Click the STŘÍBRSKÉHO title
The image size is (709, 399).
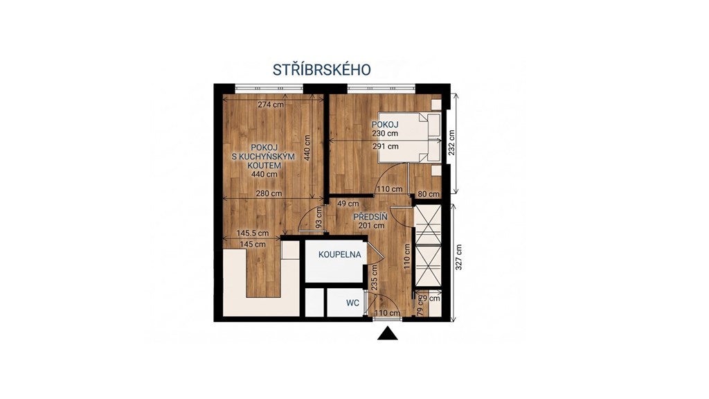click(321, 70)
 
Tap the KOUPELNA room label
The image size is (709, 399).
click(339, 255)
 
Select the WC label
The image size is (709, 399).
click(352, 303)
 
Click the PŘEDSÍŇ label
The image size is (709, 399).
click(370, 216)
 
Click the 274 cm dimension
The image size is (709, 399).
click(271, 105)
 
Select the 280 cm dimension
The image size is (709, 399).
click(269, 193)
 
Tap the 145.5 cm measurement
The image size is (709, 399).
click(252, 233)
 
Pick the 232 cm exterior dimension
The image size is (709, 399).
click(451, 143)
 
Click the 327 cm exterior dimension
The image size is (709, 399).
click(459, 257)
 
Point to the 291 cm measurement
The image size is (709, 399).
click(386, 146)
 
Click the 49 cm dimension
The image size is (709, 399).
click(348, 204)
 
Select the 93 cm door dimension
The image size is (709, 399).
click(318, 217)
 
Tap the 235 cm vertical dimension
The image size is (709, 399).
click(374, 277)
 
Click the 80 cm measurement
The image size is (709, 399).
click(429, 194)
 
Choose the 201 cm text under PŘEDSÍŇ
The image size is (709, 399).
click(372, 225)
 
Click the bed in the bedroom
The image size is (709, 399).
click(410, 138)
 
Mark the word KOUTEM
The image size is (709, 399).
click(264, 165)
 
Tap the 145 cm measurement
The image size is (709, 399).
click(253, 245)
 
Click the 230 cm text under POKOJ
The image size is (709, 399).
click(385, 134)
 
